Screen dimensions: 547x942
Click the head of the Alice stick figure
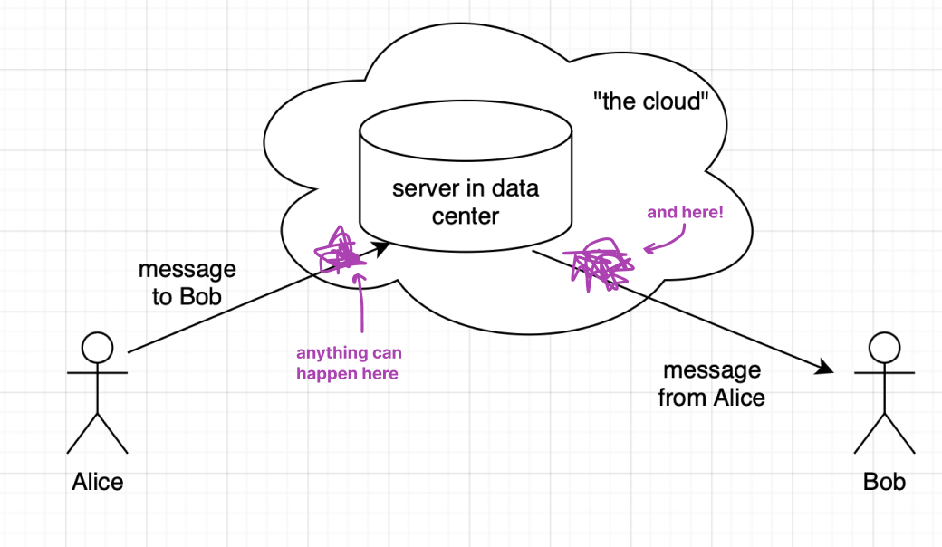(98, 348)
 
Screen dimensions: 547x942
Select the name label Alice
(98, 481)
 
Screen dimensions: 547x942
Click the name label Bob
(884, 481)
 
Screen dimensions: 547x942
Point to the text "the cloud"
(648, 101)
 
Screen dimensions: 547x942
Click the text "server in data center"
(465, 202)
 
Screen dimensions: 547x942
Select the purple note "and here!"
(685, 213)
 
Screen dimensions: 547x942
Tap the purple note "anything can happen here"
(349, 362)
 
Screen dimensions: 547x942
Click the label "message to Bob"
(187, 283)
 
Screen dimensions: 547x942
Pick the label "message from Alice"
(712, 383)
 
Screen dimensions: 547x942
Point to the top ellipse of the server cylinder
(465, 130)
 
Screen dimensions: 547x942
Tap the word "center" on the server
(465, 216)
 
